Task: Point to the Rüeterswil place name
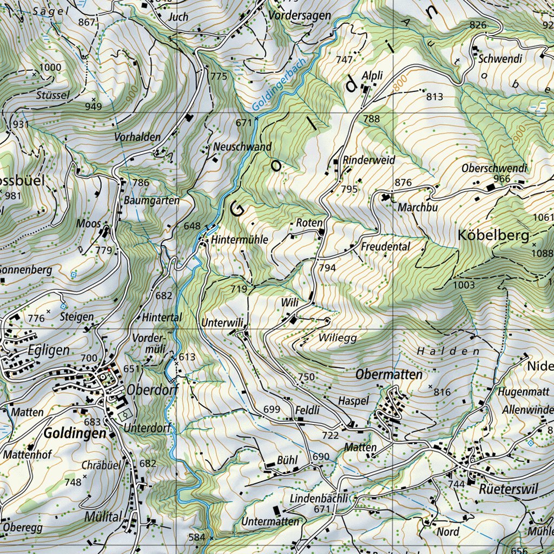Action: (509, 489)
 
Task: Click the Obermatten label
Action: (389, 374)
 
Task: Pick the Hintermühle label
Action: (239, 239)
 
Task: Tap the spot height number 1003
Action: (464, 285)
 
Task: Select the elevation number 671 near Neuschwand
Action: (244, 123)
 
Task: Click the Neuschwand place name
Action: (242, 147)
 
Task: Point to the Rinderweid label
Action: (369, 160)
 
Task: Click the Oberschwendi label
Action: (494, 168)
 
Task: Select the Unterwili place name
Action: (222, 322)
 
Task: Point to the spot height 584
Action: (197, 537)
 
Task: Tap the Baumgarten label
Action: (151, 200)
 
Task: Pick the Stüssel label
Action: (52, 95)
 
